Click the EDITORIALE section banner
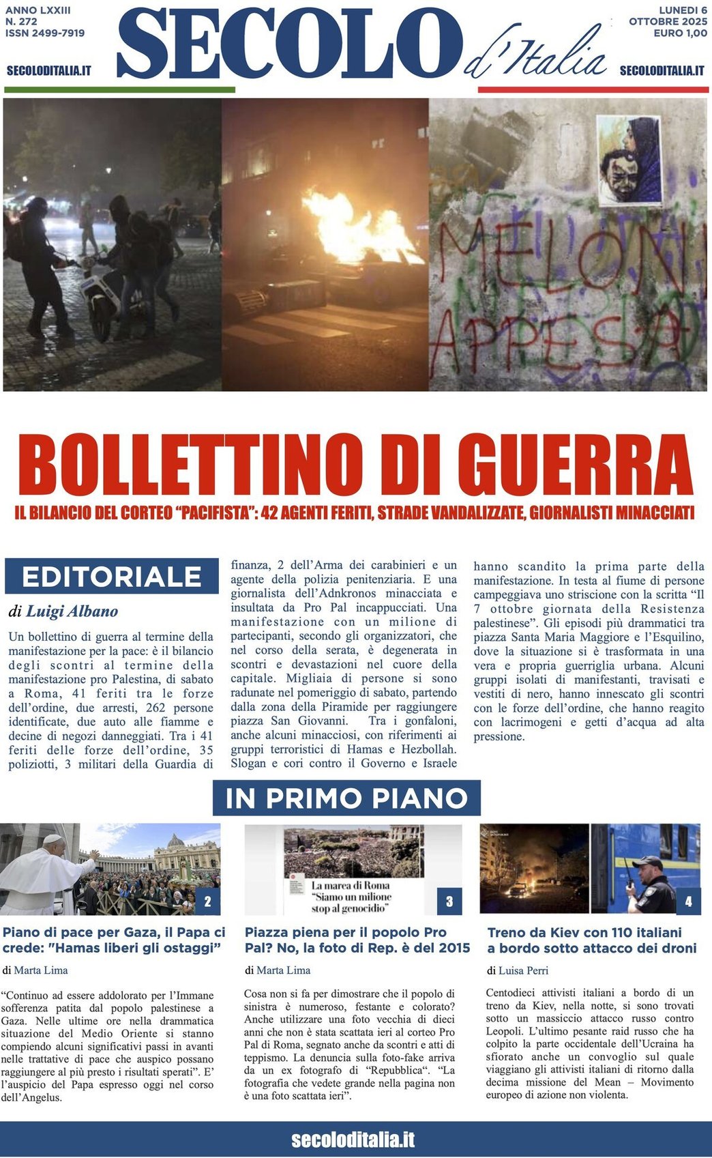111,577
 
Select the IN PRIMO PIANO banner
346,798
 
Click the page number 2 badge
207,901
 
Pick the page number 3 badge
449,901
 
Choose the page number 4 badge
688,901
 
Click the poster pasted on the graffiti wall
629,160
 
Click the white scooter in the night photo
102,293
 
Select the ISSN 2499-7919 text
44,33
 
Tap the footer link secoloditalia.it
353,1140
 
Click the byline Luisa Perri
523,970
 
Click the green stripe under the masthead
119,89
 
